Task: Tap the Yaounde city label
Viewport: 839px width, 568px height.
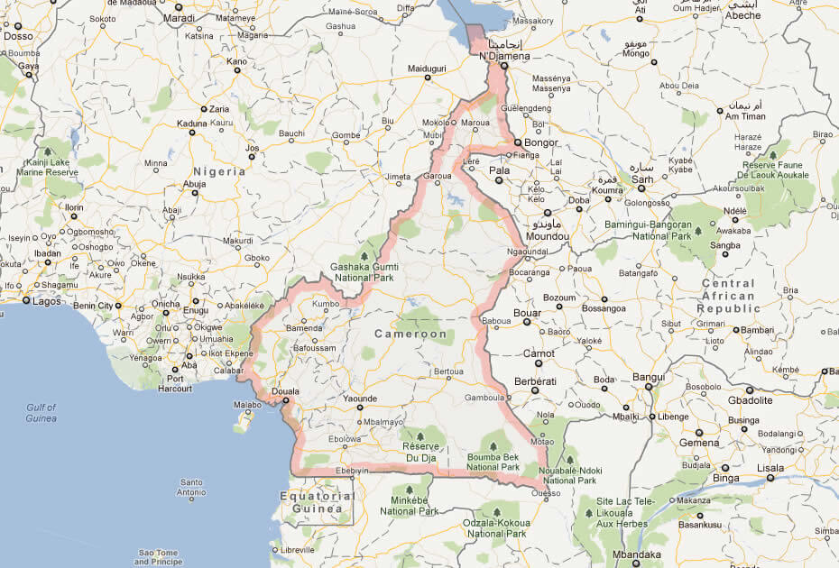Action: point(360,398)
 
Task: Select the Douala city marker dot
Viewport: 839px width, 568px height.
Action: point(286,403)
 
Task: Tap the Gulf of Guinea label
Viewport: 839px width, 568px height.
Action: point(41,413)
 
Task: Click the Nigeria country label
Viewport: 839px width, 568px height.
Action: point(219,170)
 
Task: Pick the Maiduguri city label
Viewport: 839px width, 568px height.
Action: point(428,69)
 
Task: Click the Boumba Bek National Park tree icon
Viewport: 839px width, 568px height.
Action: point(493,445)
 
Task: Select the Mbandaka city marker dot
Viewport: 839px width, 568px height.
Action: point(636,565)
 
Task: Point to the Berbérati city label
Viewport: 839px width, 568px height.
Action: point(532,381)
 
